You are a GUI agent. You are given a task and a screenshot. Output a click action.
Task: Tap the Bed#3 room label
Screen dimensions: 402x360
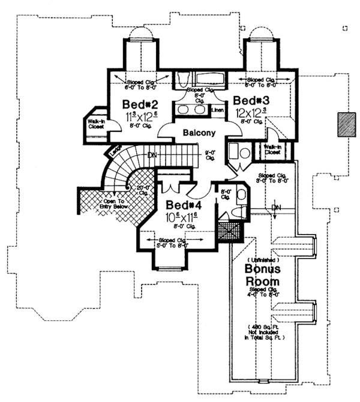point(250,100)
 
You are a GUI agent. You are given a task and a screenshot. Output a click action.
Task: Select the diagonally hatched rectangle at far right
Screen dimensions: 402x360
point(345,125)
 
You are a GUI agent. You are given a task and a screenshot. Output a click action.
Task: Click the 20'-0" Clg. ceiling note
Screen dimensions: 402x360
point(145,191)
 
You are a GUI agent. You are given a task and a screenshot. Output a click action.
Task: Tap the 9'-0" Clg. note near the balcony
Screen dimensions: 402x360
point(209,155)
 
